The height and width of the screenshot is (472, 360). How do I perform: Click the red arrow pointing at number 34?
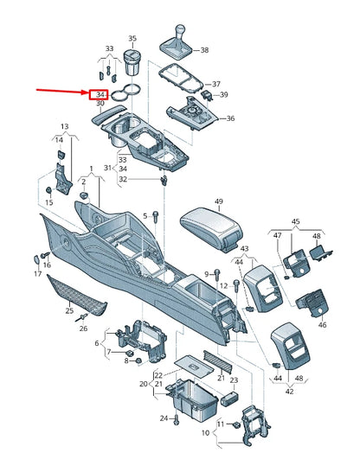tap(61, 89)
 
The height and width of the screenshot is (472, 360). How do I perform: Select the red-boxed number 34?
tap(101, 93)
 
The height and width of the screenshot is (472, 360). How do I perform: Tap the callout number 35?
tap(132, 39)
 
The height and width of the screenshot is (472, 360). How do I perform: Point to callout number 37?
tap(216, 83)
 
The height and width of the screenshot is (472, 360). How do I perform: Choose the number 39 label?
tap(224, 94)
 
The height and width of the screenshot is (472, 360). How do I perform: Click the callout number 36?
tap(230, 118)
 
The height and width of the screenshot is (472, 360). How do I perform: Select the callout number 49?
tap(219, 202)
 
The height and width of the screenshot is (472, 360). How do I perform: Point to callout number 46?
tap(322, 325)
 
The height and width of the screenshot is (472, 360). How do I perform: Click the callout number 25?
tap(70, 310)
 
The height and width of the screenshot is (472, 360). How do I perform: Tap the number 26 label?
tap(83, 328)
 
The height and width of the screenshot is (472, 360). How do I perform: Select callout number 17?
tap(38, 274)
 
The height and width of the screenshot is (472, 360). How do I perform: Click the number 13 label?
tap(64, 126)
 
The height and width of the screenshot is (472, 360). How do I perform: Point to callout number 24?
tap(162, 418)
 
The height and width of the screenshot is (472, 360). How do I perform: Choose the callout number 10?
tap(204, 432)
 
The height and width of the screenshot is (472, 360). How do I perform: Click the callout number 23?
tap(234, 404)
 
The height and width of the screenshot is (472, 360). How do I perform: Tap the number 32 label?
tap(123, 179)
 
